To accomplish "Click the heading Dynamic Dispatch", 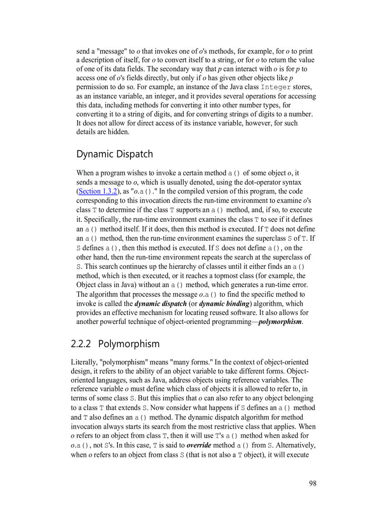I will [115, 154].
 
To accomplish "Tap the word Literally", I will [84, 362].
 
